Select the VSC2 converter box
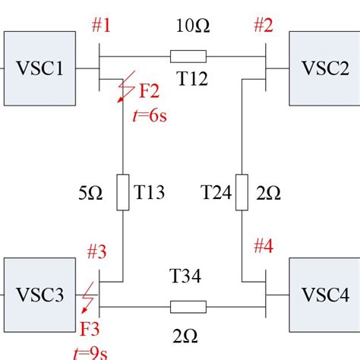pos(324,68)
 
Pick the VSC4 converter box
pos(324,294)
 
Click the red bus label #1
pos(101,26)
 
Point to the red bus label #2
pos(264,26)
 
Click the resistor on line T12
pos(188,55)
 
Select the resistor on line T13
pos(123,191)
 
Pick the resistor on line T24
pos(241,191)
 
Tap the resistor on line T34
pos(188,307)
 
